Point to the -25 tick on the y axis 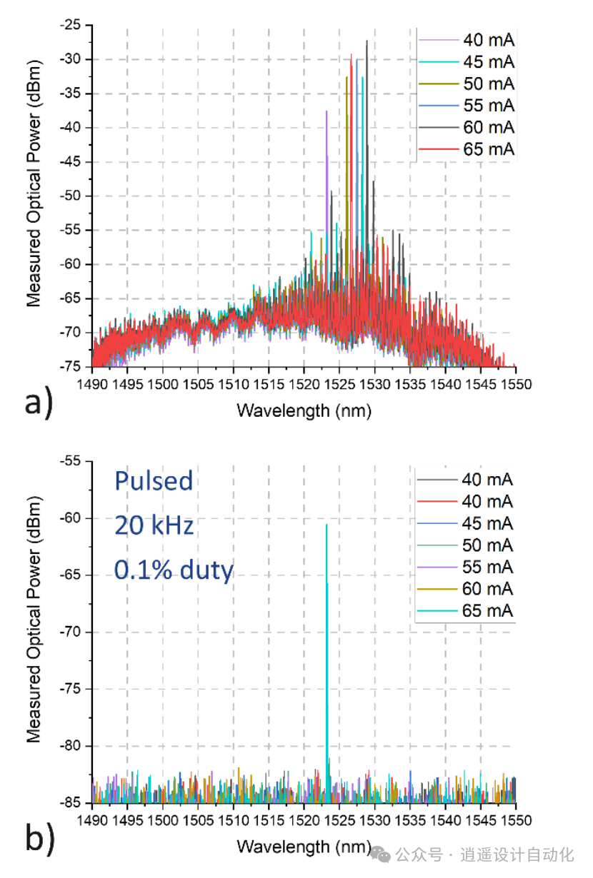point(72,25)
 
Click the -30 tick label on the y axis point(72,59)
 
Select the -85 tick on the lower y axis point(72,803)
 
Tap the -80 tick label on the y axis point(72,746)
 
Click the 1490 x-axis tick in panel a point(93,384)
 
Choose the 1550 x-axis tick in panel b point(516,819)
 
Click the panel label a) point(38,405)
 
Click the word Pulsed point(154,481)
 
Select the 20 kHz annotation point(154,526)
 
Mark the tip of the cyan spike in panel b point(327,525)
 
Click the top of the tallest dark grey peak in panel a point(367,41)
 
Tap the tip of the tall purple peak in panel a point(327,111)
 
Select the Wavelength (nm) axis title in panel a point(304,410)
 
